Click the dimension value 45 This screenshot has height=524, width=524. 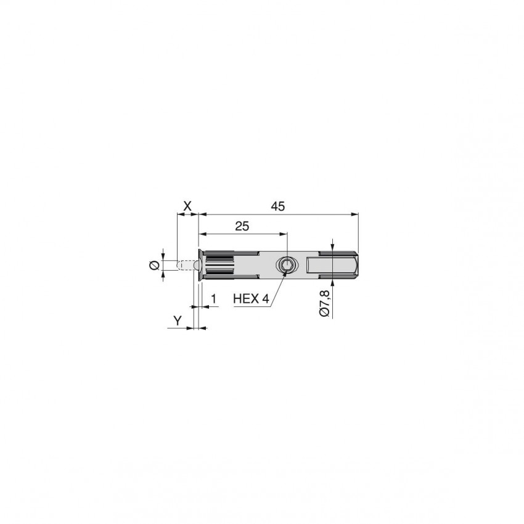click(277, 206)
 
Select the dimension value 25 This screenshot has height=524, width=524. click(242, 226)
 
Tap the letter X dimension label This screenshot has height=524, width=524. click(187, 206)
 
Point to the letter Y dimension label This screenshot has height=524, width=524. click(178, 321)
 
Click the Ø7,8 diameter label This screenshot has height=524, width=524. click(324, 303)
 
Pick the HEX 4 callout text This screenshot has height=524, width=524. click(251, 298)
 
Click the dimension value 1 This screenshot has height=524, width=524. click(213, 298)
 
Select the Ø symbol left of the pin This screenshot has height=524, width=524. click(154, 266)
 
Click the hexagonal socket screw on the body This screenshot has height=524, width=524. click(287, 265)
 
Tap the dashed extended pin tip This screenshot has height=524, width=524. click(185, 265)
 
